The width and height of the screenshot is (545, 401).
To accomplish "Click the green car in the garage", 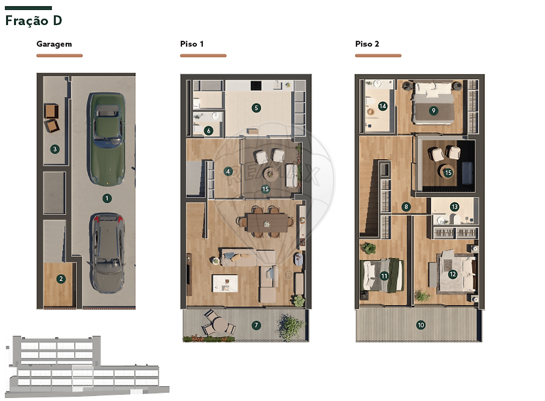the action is point(106,139).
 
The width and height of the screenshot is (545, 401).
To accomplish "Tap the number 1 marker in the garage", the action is point(107,198).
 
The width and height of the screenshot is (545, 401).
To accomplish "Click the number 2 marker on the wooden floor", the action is point(61,279).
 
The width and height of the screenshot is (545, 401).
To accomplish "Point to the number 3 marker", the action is point(55,149).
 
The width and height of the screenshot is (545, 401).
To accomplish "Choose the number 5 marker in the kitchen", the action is point(256,108).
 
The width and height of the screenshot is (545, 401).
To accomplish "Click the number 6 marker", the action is point(208,131).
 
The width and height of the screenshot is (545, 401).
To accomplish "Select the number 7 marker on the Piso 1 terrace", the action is point(256,325).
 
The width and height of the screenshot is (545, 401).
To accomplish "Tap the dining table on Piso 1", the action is point(267,222).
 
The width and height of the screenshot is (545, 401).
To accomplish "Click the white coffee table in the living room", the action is point(225,283).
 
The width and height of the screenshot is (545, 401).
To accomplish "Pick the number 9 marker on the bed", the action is point(433,111).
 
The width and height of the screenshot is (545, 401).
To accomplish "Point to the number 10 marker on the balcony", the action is point(421,325).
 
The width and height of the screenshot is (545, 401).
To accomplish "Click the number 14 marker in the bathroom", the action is point(383,106).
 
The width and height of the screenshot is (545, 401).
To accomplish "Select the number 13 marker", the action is point(454,207).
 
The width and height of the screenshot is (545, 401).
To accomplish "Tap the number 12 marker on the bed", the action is point(452,274).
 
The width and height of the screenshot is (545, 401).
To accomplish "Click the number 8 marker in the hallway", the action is point(406,207).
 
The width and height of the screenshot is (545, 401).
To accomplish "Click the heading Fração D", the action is point(34,21).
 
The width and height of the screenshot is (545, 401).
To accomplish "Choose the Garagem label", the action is point(54,44).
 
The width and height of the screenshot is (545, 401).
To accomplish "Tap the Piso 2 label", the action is point(367,44).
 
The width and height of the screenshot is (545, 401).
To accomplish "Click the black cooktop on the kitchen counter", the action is point(256,85).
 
